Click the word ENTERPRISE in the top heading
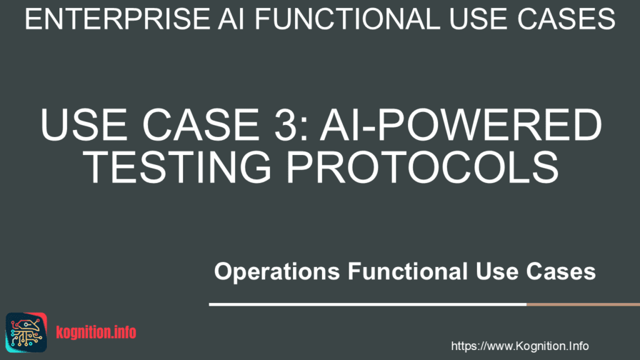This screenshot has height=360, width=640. coord(117,19)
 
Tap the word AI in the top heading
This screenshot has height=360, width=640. coord(231,19)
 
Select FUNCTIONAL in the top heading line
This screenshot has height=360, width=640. coord(347,19)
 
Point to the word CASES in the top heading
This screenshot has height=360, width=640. coord(566,19)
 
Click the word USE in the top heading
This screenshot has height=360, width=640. coord(479,19)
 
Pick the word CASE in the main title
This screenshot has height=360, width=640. coord(201,124)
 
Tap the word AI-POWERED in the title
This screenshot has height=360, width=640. coord(461,124)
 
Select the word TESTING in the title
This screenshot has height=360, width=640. coord(178,167)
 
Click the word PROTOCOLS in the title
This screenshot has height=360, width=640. coord(422,167)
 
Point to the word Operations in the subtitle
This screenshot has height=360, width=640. coord(277,272)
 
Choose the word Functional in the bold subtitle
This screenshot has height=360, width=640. coord(407,271)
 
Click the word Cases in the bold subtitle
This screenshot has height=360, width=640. coord(561,271)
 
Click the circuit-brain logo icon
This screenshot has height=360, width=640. coord(26,332)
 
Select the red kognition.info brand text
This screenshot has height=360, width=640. coord(96,332)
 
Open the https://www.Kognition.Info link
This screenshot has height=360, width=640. coord(519,346)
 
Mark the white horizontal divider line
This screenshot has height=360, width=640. coord(367,304)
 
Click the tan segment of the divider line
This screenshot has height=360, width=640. coord(583,304)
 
